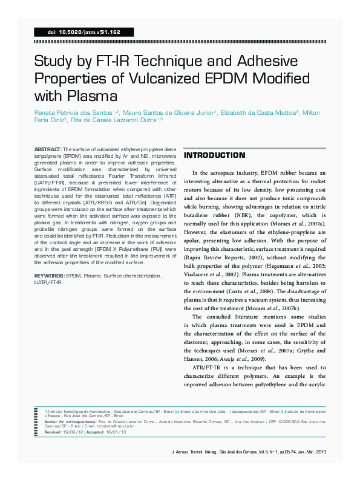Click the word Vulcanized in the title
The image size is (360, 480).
click(x=183, y=79)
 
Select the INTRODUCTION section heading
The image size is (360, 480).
click(x=210, y=155)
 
